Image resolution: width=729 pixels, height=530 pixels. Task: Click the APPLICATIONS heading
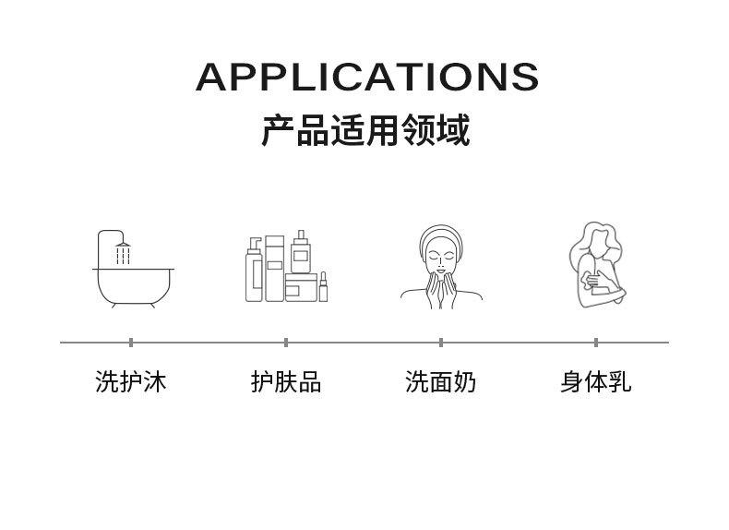click(x=366, y=77)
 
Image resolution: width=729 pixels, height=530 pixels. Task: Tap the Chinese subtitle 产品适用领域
click(x=365, y=130)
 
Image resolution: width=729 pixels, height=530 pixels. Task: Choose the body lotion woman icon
click(x=595, y=265)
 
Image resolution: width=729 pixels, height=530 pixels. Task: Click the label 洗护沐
click(x=131, y=381)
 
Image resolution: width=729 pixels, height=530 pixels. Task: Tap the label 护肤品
click(x=286, y=381)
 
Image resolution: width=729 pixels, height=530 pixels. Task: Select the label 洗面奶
click(x=441, y=381)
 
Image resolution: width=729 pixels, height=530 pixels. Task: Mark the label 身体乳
click(x=596, y=381)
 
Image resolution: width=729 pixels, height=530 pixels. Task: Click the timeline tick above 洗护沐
click(x=131, y=343)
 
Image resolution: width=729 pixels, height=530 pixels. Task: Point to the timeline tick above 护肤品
click(x=286, y=343)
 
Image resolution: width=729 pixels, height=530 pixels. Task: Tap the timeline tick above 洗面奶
click(x=441, y=343)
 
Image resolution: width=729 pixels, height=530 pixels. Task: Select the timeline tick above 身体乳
click(x=596, y=343)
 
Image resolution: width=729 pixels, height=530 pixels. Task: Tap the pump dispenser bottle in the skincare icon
click(x=253, y=271)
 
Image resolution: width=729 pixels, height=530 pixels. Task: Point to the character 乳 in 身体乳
click(x=620, y=381)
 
